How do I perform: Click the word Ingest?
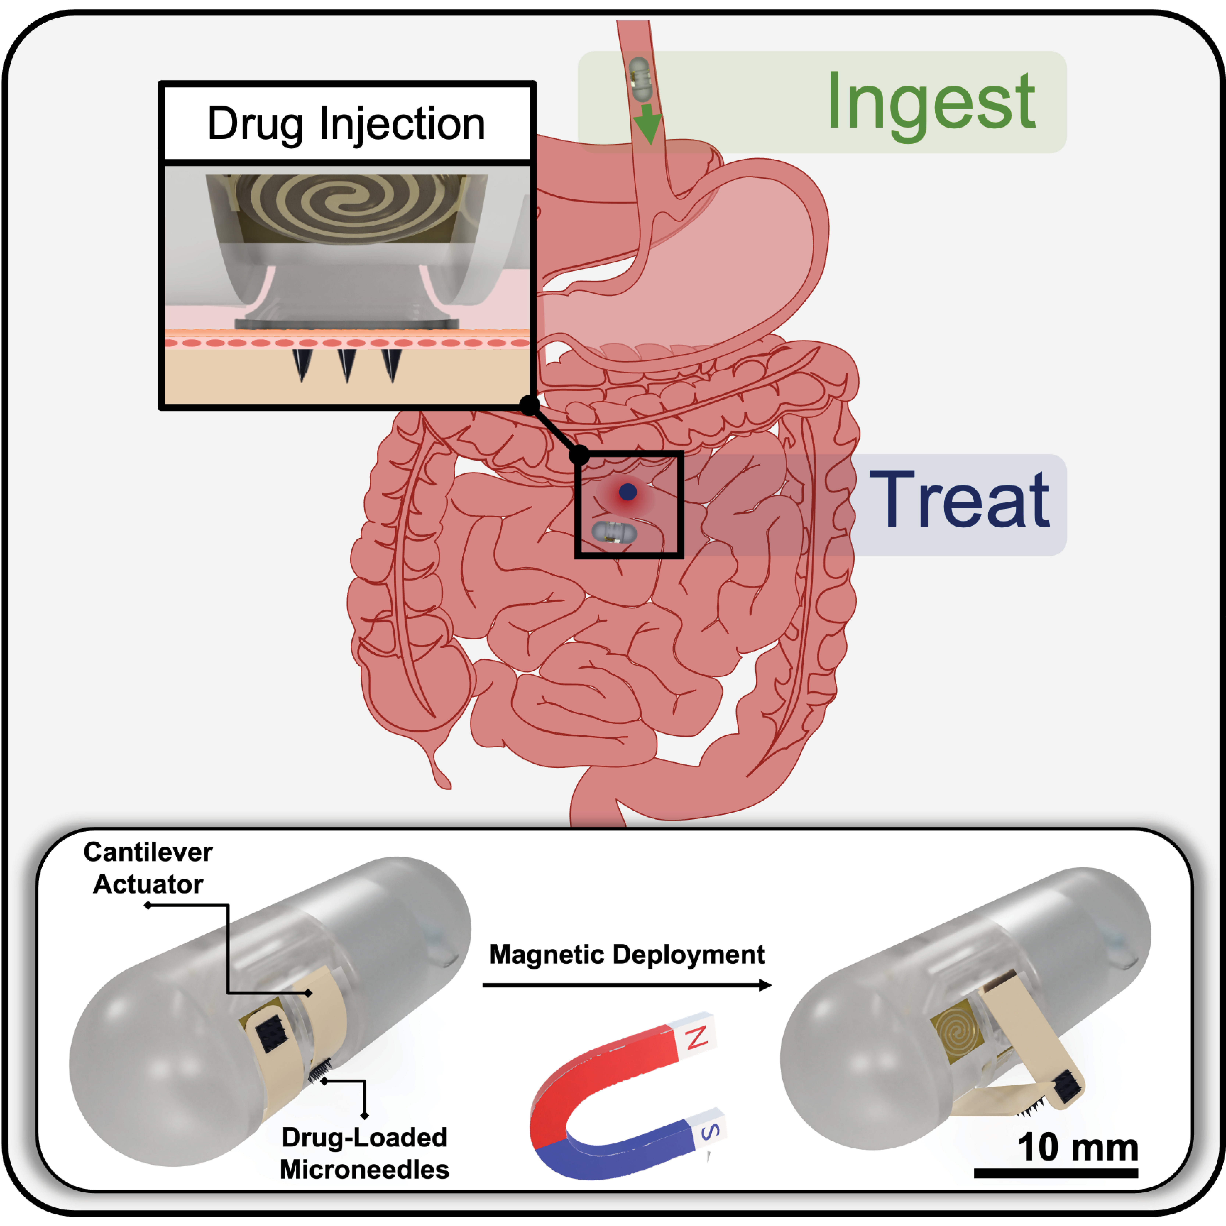point(931,103)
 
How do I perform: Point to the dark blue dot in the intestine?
point(628,492)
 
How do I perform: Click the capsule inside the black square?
point(614,532)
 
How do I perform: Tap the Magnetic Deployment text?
point(627,954)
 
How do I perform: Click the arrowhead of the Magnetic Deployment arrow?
point(765,985)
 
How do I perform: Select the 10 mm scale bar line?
point(1056,1173)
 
